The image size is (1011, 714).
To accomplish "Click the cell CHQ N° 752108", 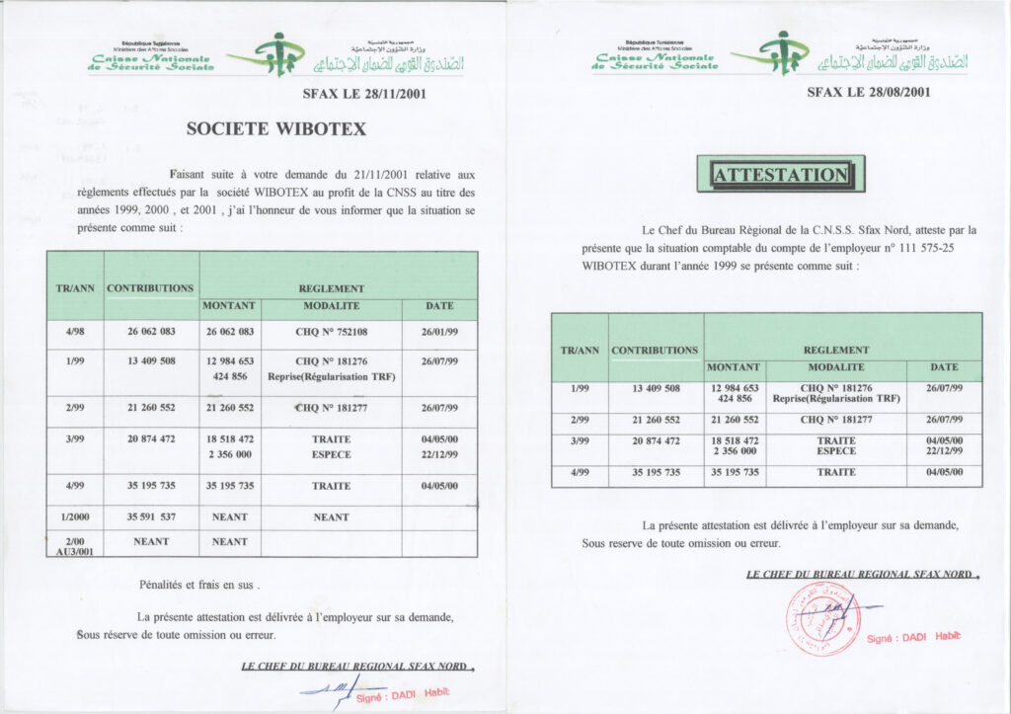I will click(x=331, y=332).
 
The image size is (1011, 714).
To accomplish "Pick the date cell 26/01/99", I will click(x=439, y=332).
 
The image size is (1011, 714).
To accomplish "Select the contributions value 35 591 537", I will click(x=151, y=516).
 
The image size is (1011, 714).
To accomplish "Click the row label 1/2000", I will click(x=75, y=516).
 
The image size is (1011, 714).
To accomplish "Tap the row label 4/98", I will click(x=75, y=332).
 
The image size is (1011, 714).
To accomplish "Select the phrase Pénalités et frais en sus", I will click(x=199, y=585).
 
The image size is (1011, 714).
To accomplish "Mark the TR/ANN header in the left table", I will click(x=75, y=288).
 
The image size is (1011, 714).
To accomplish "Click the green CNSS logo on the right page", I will click(x=780, y=52).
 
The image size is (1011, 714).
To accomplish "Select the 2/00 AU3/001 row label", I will click(x=75, y=546).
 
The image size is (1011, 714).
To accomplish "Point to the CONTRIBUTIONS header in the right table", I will click(x=655, y=350).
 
